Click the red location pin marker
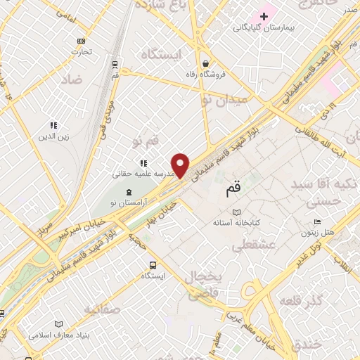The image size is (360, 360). point(181,165)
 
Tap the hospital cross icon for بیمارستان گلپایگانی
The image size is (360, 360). point(264,15)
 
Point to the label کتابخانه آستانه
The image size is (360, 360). point(237,222)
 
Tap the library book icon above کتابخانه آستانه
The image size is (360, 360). point(236,212)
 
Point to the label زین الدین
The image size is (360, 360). point(54,136)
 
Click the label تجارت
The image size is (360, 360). point(82,51)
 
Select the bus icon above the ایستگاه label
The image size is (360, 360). point(153,265)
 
